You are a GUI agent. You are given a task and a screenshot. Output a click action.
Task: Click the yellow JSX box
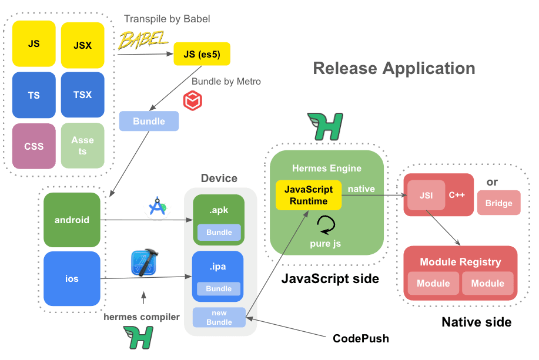pos(83,44)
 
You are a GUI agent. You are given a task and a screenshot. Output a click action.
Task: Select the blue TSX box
pos(83,95)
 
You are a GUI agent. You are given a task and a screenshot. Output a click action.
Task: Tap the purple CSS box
pos(34,146)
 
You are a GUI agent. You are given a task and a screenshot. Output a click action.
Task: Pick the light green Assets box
pos(83,146)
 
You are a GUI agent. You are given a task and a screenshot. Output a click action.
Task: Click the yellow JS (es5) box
pos(202,55)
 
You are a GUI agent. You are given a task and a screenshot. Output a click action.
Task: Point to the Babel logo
pos(143,41)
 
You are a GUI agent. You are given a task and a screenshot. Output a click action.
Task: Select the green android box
pos(72,220)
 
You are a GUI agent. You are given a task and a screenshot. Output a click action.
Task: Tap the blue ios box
pos(72,278)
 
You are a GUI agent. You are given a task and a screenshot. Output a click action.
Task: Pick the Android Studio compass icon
pos(158,207)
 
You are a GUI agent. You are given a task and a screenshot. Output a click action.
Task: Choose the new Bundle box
pos(219,317)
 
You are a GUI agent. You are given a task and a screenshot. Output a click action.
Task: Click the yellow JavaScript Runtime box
pos(309,196)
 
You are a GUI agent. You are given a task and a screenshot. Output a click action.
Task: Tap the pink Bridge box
pos(498,203)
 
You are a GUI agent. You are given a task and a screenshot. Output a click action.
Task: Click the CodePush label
pos(361,338)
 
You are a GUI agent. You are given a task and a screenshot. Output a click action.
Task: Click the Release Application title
pos(394,68)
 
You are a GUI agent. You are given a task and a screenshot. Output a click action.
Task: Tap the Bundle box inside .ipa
pos(219,288)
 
